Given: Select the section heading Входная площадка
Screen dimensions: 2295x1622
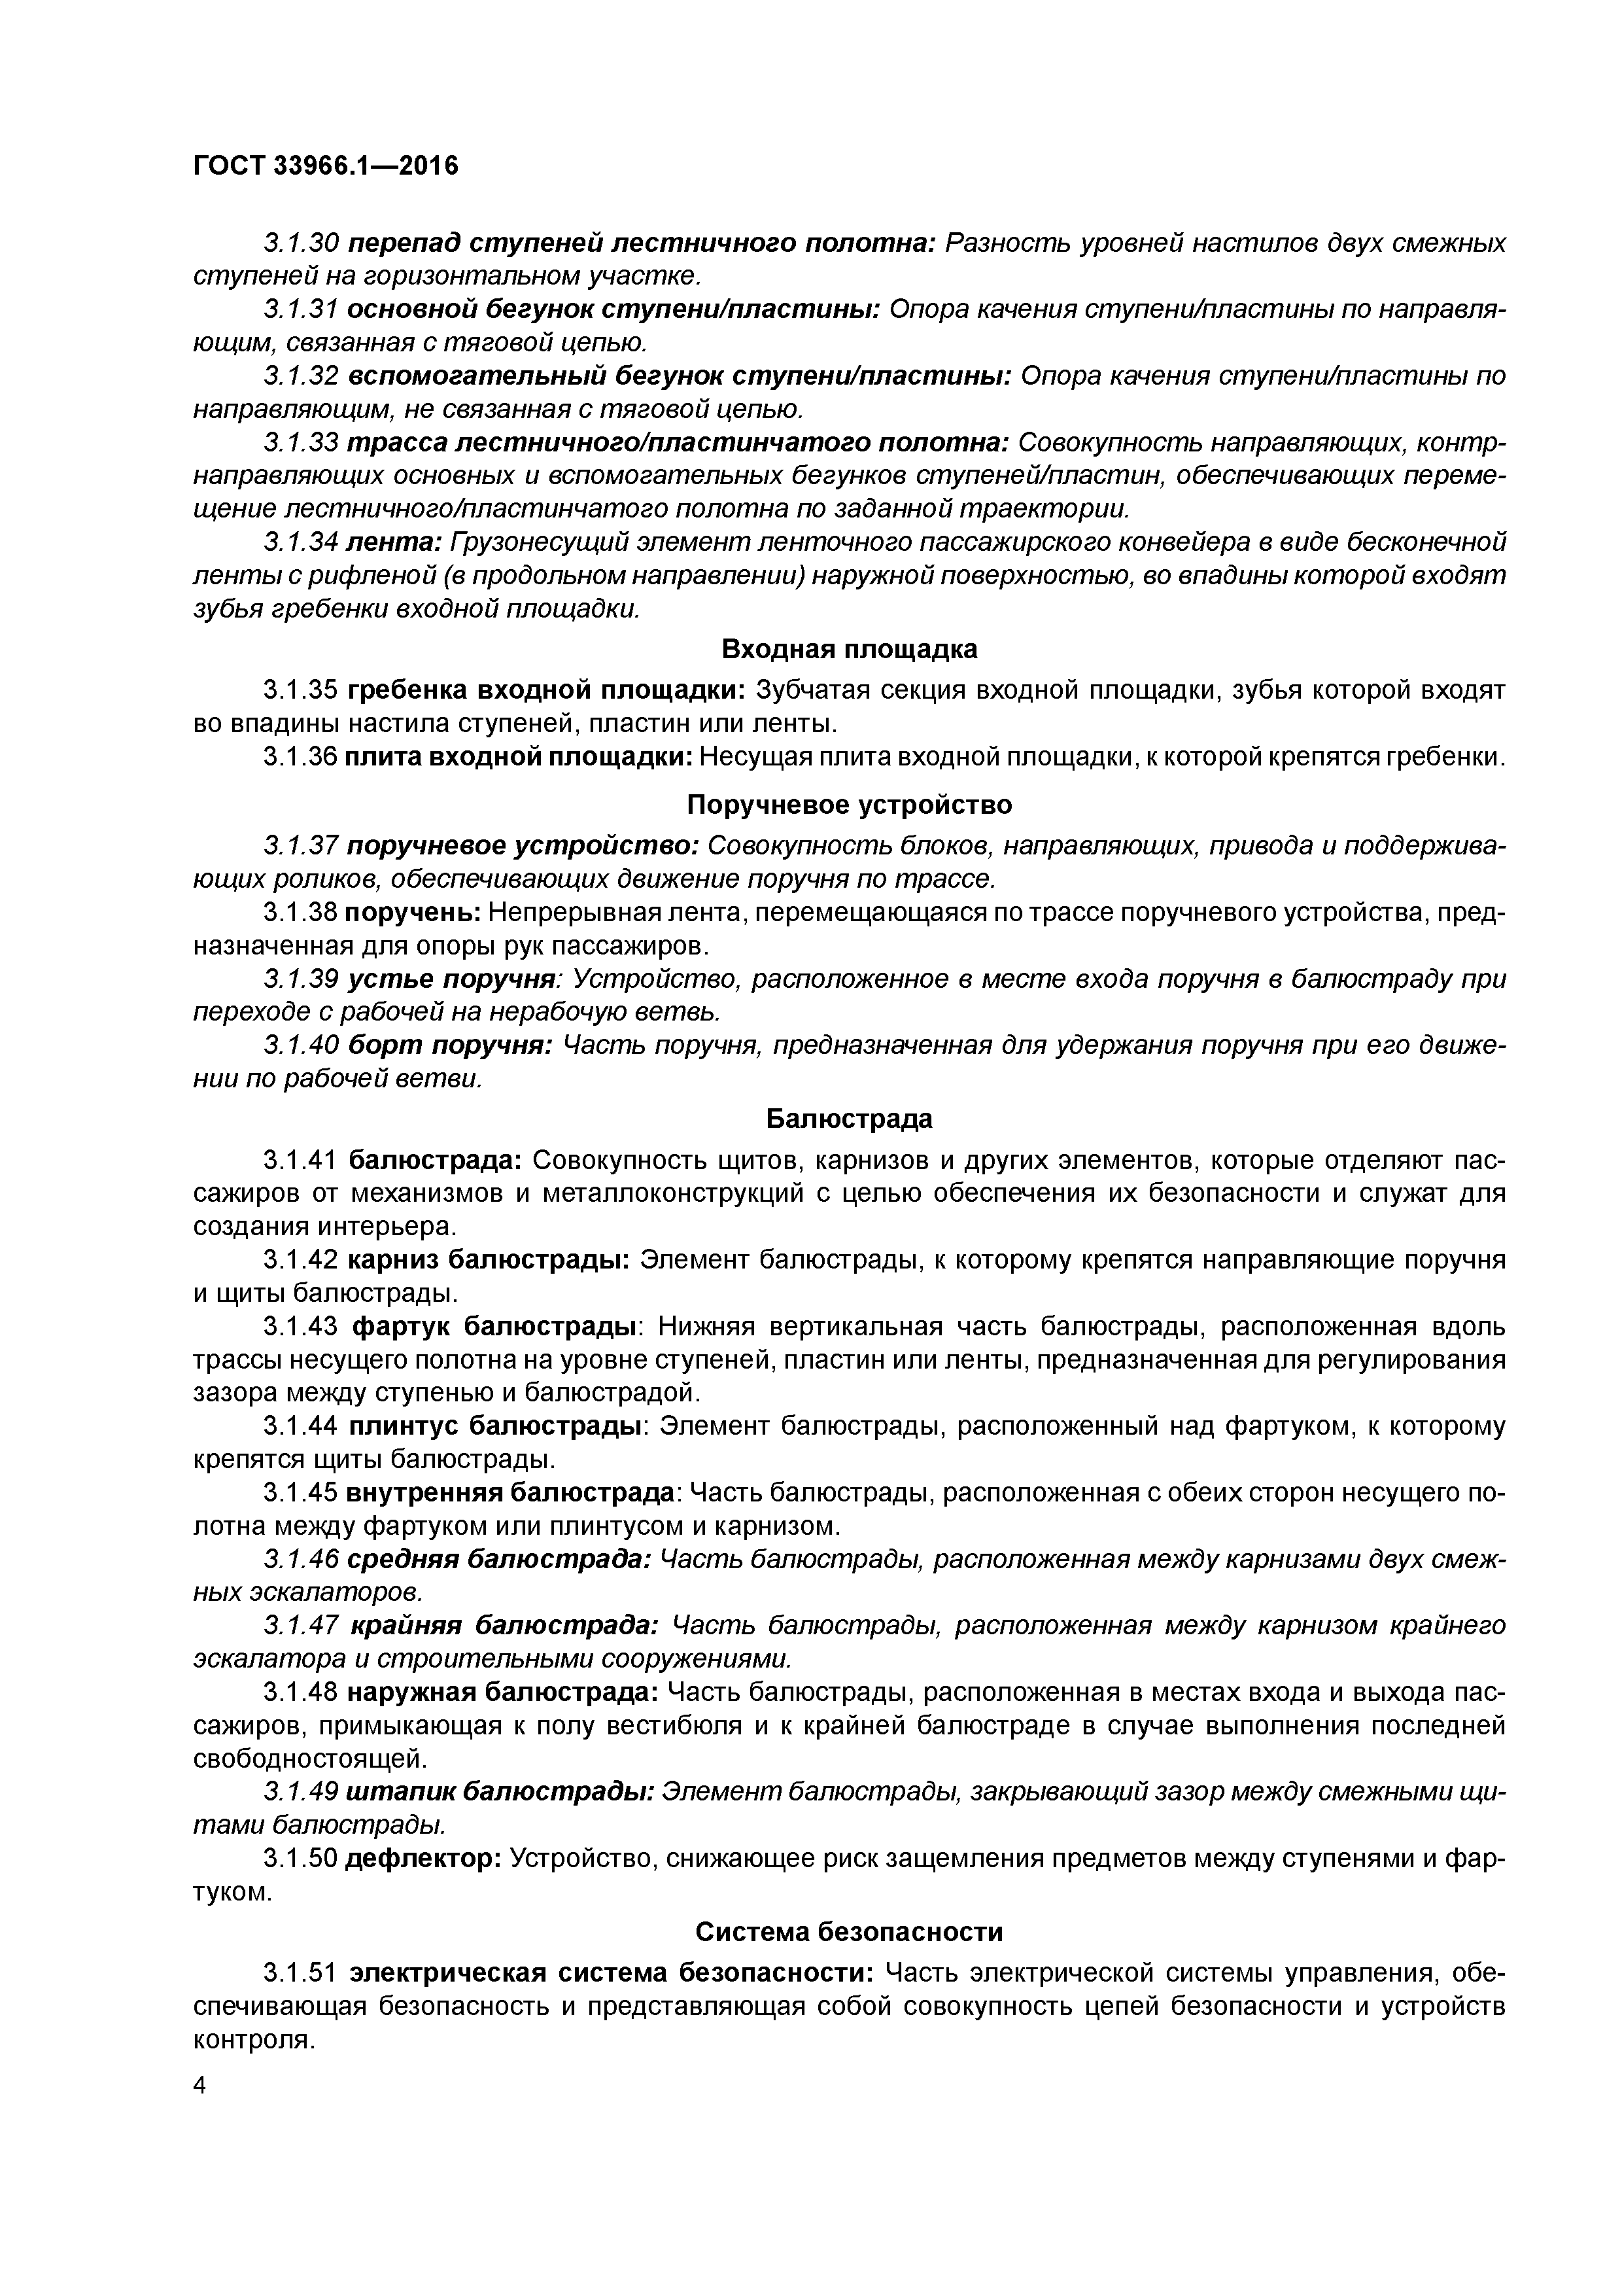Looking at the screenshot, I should pos(850,650).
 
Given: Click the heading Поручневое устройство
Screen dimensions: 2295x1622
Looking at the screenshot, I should pos(850,805).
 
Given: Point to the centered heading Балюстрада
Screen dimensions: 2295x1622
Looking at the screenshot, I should pos(850,1119).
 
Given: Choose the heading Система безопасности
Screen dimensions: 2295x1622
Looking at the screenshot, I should pos(850,1932).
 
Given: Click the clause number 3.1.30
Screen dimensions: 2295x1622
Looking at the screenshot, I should pos(302,243).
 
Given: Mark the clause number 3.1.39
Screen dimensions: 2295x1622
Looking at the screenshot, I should pos(302,979).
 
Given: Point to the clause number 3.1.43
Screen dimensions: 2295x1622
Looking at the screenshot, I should pos(302,1326).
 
